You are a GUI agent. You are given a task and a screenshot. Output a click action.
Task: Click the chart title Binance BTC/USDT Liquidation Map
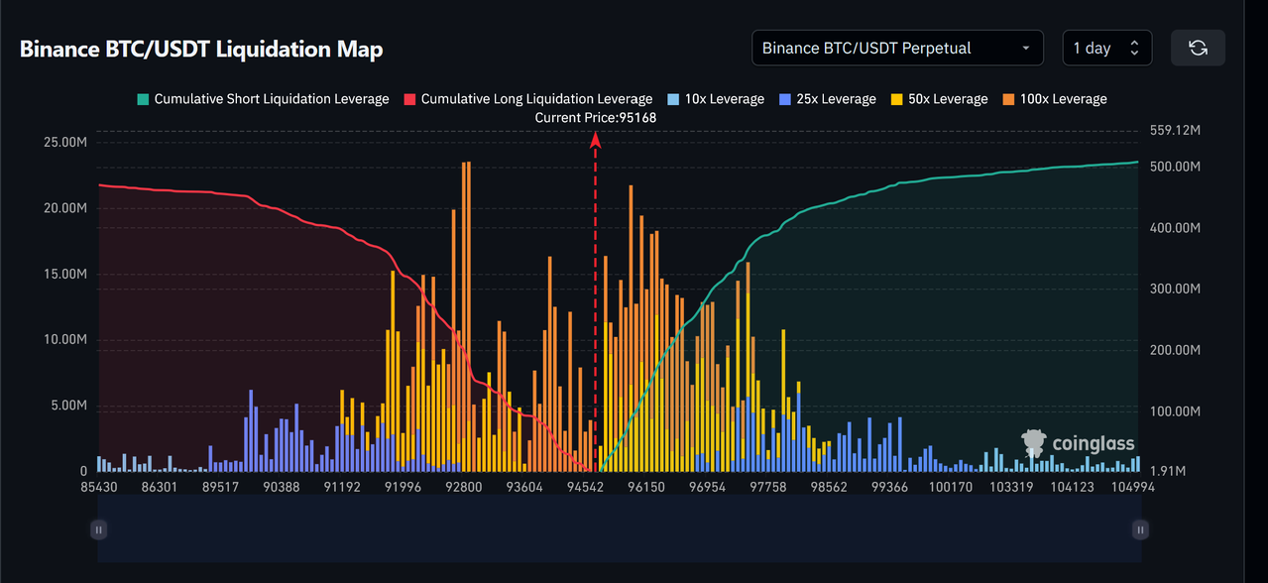[x=201, y=49]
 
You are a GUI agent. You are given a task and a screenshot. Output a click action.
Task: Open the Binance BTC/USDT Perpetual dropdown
[x=897, y=48]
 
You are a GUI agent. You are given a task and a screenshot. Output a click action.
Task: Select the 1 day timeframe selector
[x=1106, y=48]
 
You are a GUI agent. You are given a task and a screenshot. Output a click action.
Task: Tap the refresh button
[x=1198, y=48]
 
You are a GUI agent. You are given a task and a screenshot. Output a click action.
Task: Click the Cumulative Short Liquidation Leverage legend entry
[x=263, y=99]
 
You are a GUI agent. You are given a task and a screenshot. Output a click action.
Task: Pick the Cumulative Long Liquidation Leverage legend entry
[x=527, y=99]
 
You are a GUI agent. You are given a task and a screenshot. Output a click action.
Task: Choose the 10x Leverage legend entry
[x=716, y=99]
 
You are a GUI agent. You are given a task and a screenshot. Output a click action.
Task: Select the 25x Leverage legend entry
[x=828, y=99]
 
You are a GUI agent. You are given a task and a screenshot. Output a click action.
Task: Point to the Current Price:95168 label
[x=595, y=117]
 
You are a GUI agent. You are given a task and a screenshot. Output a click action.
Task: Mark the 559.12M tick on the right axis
[x=1175, y=130]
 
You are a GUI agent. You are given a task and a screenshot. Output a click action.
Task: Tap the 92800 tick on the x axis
[x=463, y=487]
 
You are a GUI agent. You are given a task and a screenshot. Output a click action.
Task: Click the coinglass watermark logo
[x=1079, y=443]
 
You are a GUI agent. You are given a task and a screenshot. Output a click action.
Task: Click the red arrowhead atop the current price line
[x=596, y=140]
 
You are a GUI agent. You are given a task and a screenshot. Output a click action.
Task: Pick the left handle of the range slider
[x=98, y=529]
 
